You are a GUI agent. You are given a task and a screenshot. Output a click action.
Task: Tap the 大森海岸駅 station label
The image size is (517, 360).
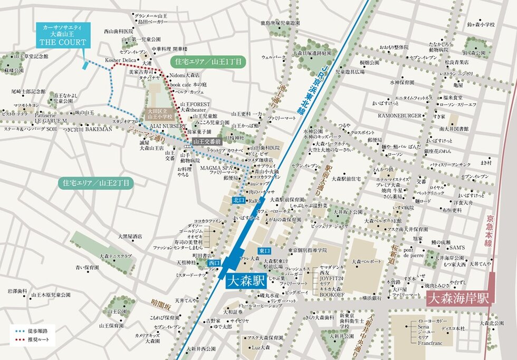[x=458, y=298]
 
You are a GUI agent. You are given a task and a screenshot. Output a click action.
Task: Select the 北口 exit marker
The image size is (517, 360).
[x=239, y=200]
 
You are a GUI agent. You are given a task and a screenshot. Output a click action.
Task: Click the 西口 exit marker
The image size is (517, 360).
[x=214, y=262]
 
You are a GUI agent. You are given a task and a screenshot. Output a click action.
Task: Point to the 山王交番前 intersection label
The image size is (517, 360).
[x=206, y=141]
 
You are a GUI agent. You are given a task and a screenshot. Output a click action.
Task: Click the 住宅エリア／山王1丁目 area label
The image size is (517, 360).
[x=209, y=62]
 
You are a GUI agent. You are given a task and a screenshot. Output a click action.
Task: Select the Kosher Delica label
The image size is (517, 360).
[x=121, y=60]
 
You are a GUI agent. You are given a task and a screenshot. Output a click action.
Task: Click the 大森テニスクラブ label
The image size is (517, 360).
[x=116, y=256]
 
